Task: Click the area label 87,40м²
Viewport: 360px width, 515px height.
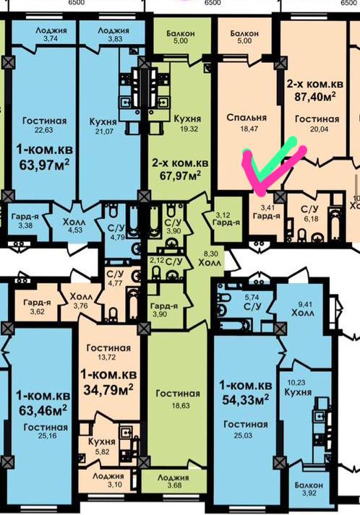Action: (315, 98)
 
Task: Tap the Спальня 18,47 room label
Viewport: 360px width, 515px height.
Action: (247, 123)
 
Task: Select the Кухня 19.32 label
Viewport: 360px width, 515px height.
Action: (187, 124)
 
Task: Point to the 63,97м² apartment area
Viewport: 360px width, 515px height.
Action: (44, 164)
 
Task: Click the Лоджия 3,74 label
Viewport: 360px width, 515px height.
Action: (51, 34)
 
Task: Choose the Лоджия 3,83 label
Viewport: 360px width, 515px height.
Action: (113, 34)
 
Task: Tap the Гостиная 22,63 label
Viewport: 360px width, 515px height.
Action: (44, 125)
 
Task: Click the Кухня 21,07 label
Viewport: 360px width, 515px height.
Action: (103, 126)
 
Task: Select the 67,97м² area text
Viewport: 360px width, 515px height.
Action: (181, 176)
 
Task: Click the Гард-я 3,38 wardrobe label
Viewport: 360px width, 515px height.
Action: (25, 221)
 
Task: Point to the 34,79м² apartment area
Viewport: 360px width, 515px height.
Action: (108, 389)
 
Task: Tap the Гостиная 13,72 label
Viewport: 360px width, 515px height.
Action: (108, 352)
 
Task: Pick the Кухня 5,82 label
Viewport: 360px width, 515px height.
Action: (102, 446)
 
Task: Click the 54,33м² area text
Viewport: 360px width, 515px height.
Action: (245, 399)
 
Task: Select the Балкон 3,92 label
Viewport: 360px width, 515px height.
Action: (309, 488)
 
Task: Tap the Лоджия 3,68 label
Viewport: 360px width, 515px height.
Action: (173, 481)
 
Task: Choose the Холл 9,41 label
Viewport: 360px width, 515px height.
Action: (303, 309)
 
